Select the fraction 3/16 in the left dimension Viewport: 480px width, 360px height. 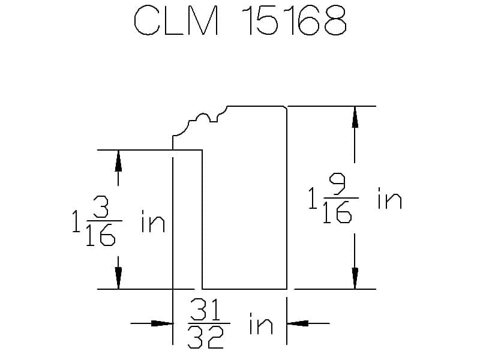click(100, 223)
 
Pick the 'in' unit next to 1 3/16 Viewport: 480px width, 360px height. click(152, 223)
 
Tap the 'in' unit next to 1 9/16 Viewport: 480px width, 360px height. click(389, 199)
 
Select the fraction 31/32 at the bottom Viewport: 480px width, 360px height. click(206, 324)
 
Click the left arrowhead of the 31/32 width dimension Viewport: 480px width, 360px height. click(162, 324)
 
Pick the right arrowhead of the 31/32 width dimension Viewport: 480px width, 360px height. click(298, 324)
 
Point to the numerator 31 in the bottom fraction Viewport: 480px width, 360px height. click(206, 311)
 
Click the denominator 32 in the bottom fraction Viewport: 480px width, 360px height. click(206, 338)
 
